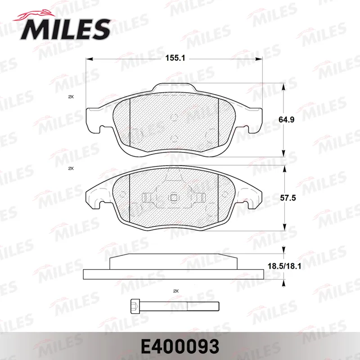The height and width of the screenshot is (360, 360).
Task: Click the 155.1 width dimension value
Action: (x=175, y=58)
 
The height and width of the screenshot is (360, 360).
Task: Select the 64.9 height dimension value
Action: (x=286, y=120)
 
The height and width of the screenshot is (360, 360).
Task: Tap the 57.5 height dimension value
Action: (x=288, y=198)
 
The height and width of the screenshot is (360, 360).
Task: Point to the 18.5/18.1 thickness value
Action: (x=284, y=266)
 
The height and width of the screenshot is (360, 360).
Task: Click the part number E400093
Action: (x=180, y=346)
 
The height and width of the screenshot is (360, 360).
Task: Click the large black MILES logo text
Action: (x=65, y=29)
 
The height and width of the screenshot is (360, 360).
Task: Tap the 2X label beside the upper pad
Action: (x=71, y=97)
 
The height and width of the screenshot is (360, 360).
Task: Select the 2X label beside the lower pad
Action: (x=71, y=168)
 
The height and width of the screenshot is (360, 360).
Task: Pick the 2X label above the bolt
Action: (x=175, y=291)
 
